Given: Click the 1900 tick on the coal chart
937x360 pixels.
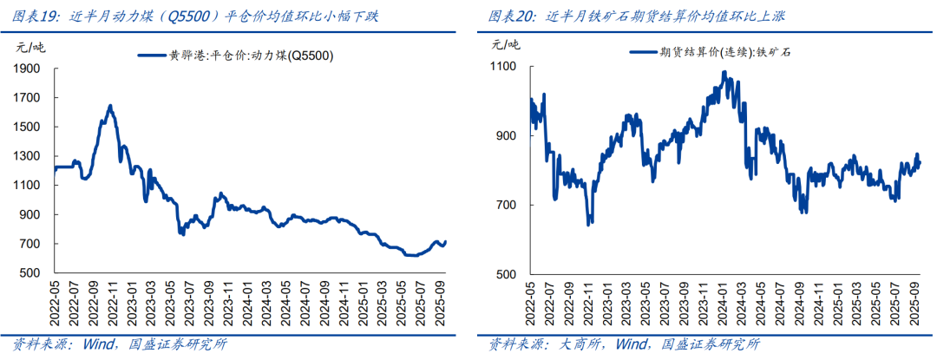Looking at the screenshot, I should [x=29, y=69].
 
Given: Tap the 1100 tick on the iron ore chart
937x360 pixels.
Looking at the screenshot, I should [x=504, y=67].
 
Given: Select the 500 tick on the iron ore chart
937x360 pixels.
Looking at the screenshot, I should [x=508, y=274].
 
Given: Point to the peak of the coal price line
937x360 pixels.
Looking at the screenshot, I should [x=110, y=106].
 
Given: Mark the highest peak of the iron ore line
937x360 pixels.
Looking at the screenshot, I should [x=724, y=72].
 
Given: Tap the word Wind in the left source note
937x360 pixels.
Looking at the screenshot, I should [x=101, y=344].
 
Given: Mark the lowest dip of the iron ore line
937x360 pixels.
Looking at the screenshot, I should [x=589, y=224].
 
